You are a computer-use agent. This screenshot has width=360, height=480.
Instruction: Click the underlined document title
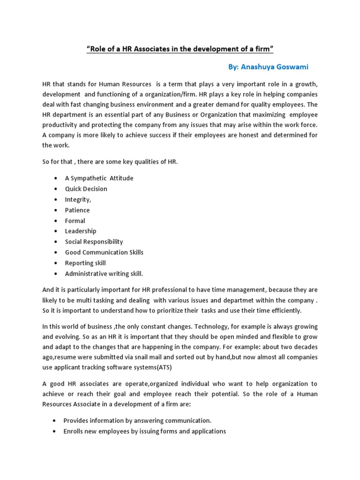pyautogui.click(x=180, y=49)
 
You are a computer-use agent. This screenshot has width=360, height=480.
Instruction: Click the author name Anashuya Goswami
pyautogui.click(x=269, y=67)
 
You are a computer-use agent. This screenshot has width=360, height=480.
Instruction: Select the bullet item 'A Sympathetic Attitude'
pyautogui.click(x=99, y=178)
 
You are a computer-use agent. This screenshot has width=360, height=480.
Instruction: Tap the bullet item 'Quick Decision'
pyautogui.click(x=86, y=189)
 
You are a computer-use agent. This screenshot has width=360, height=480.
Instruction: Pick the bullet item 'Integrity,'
pyautogui.click(x=78, y=200)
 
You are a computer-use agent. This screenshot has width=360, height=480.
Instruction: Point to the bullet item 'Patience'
pyautogui.click(x=77, y=210)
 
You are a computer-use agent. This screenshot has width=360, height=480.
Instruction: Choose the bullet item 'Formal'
pyautogui.click(x=75, y=221)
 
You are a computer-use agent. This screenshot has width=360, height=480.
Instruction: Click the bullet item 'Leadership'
pyautogui.click(x=81, y=231)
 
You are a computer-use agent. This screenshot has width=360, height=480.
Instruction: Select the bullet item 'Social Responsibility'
pyautogui.click(x=94, y=242)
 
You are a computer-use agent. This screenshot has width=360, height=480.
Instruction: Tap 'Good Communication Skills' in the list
pyautogui.click(x=104, y=252)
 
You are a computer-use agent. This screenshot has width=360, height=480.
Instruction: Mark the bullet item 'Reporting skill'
pyautogui.click(x=85, y=263)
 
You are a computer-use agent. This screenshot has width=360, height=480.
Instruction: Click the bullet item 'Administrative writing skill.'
pyautogui.click(x=104, y=273)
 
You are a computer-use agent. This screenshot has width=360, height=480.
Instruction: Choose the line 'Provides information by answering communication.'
pyautogui.click(x=138, y=420)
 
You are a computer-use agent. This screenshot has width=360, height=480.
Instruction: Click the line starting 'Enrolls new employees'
pyautogui.click(x=145, y=431)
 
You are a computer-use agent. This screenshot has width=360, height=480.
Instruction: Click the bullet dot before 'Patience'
pyautogui.click(x=56, y=210)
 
